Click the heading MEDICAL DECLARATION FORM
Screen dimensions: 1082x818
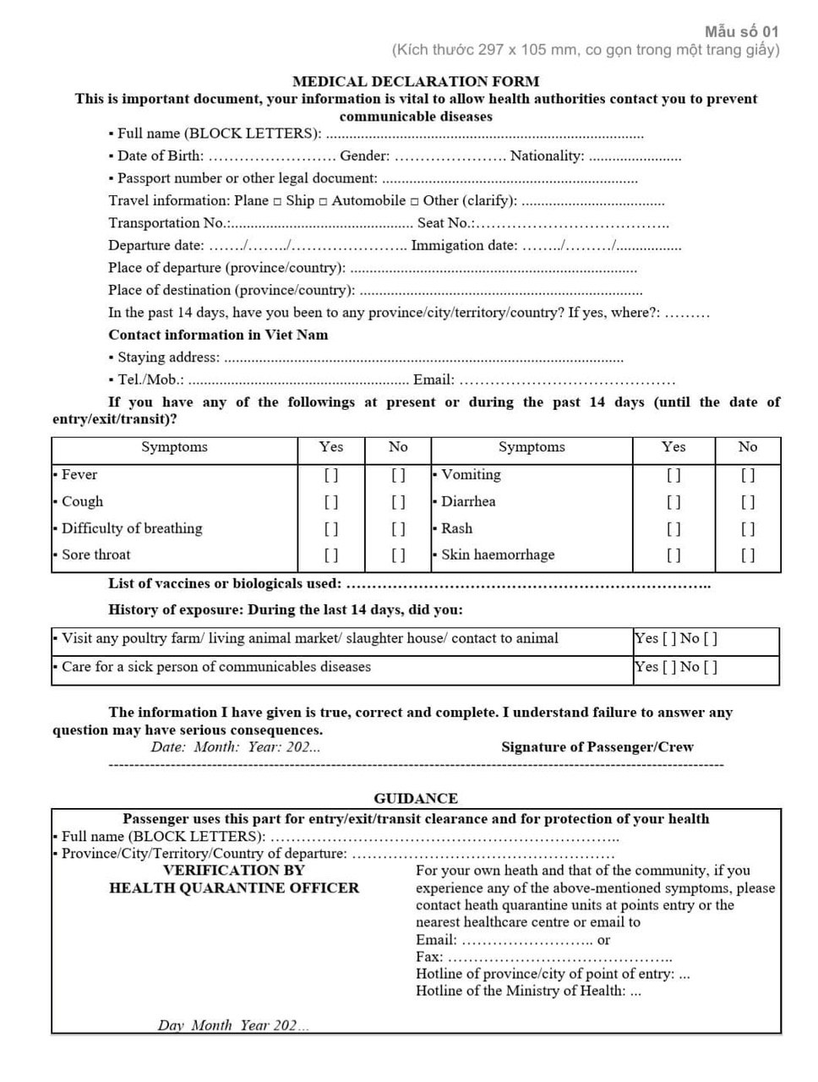click(x=415, y=82)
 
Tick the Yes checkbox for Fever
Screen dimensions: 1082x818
click(x=331, y=475)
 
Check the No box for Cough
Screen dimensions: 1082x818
click(x=398, y=502)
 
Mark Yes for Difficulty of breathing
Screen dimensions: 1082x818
click(x=331, y=529)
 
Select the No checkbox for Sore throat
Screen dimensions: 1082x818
click(x=398, y=555)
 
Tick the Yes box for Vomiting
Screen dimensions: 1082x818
click(x=673, y=475)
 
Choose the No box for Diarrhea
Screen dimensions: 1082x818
click(x=748, y=502)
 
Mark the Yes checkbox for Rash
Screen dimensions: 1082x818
click(x=673, y=529)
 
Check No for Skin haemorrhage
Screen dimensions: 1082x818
click(x=748, y=555)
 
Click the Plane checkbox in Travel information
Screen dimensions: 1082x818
click(x=277, y=201)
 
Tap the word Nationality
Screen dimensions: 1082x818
click(x=547, y=156)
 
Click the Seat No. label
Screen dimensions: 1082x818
click(x=445, y=223)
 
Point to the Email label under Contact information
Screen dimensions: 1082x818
click(x=434, y=380)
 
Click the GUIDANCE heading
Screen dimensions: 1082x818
click(x=416, y=798)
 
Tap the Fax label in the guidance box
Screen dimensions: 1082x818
click(x=428, y=957)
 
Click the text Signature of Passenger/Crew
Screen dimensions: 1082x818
click(x=597, y=747)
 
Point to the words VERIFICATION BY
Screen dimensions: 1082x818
click(x=234, y=870)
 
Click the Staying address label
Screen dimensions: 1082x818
click(x=168, y=358)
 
